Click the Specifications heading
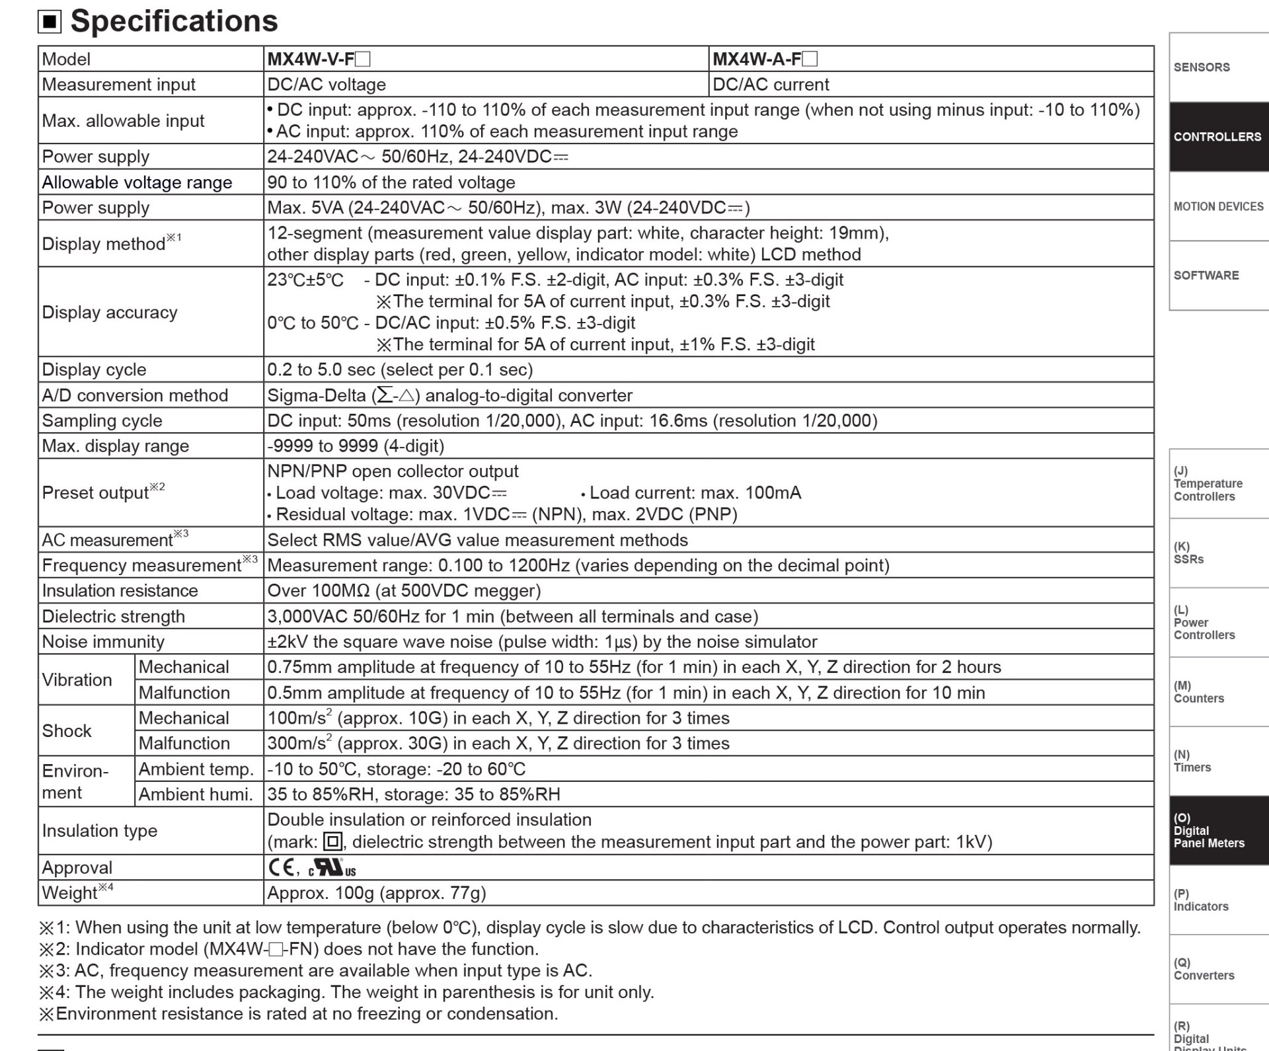[174, 21]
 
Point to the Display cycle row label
[94, 370]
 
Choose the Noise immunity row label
[103, 641]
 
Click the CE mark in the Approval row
[282, 867]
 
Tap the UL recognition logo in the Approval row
[332, 868]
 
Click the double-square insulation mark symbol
[332, 841]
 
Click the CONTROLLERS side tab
[1218, 137]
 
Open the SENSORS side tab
[1218, 67]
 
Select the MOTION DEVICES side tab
[1218, 206]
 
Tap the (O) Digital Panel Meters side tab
[1218, 830]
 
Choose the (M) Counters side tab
[1218, 691]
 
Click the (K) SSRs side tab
[1218, 553]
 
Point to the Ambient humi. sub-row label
[196, 794]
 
